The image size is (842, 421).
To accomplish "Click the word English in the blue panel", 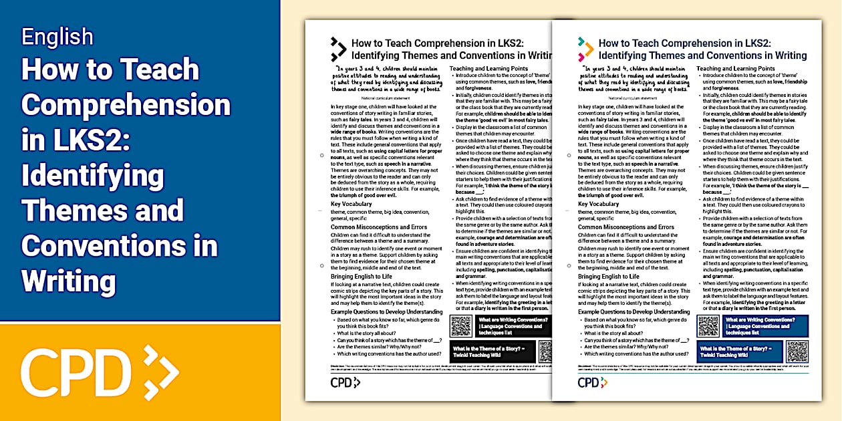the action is tap(57, 36).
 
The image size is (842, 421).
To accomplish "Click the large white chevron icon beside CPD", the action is tap(160, 370).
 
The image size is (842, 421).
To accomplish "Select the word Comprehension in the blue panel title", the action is tap(126, 105).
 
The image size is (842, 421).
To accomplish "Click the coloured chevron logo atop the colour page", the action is tap(585, 49).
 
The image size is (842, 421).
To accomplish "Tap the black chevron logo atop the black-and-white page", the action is tap(338, 49).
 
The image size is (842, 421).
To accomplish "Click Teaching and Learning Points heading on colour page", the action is tap(735, 68).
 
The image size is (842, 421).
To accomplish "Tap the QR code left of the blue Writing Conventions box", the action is tap(708, 325).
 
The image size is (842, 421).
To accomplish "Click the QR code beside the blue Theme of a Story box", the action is tap(797, 351).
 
